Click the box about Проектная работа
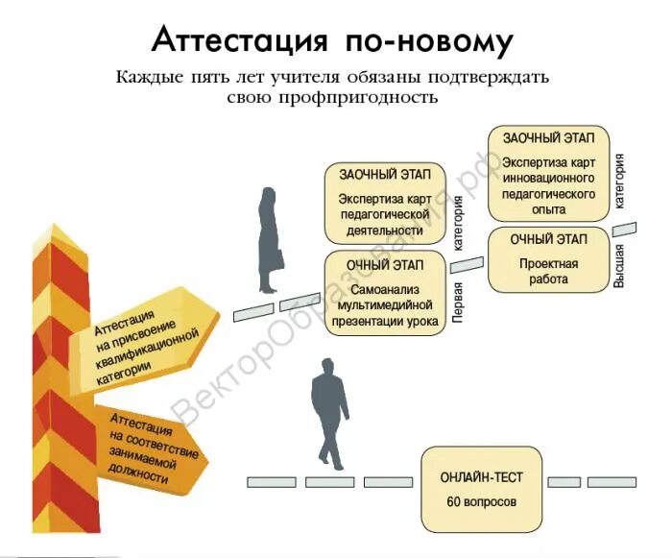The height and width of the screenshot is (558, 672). click(548, 260)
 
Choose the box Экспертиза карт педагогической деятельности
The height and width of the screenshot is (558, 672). click(382, 204)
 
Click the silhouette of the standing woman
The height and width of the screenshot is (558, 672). click(269, 240)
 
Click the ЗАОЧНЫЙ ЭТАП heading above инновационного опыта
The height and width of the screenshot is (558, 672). click(547, 138)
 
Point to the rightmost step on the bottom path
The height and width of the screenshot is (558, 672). click(619, 481)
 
